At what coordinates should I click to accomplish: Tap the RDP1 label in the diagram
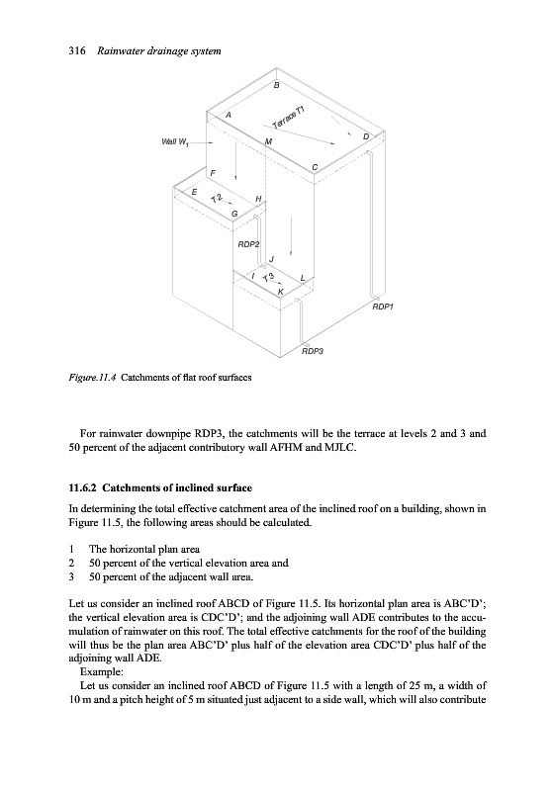pyautogui.click(x=383, y=307)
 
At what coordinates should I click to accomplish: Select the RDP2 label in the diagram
pyautogui.click(x=248, y=244)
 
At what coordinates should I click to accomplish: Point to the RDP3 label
pyautogui.click(x=312, y=351)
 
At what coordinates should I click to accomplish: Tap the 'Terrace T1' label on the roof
pyautogui.click(x=288, y=118)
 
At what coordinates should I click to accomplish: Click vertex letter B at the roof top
pyautogui.click(x=276, y=85)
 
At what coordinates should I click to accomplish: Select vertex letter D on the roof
pyautogui.click(x=366, y=136)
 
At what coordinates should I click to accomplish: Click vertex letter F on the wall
pyautogui.click(x=213, y=173)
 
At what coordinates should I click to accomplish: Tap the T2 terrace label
pyautogui.click(x=217, y=199)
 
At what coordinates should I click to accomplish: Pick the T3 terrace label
pyautogui.click(x=269, y=277)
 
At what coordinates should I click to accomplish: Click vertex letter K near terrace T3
pyautogui.click(x=282, y=291)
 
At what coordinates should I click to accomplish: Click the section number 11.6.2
pyautogui.click(x=82, y=487)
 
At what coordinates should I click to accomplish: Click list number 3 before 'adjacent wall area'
pyautogui.click(x=71, y=576)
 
